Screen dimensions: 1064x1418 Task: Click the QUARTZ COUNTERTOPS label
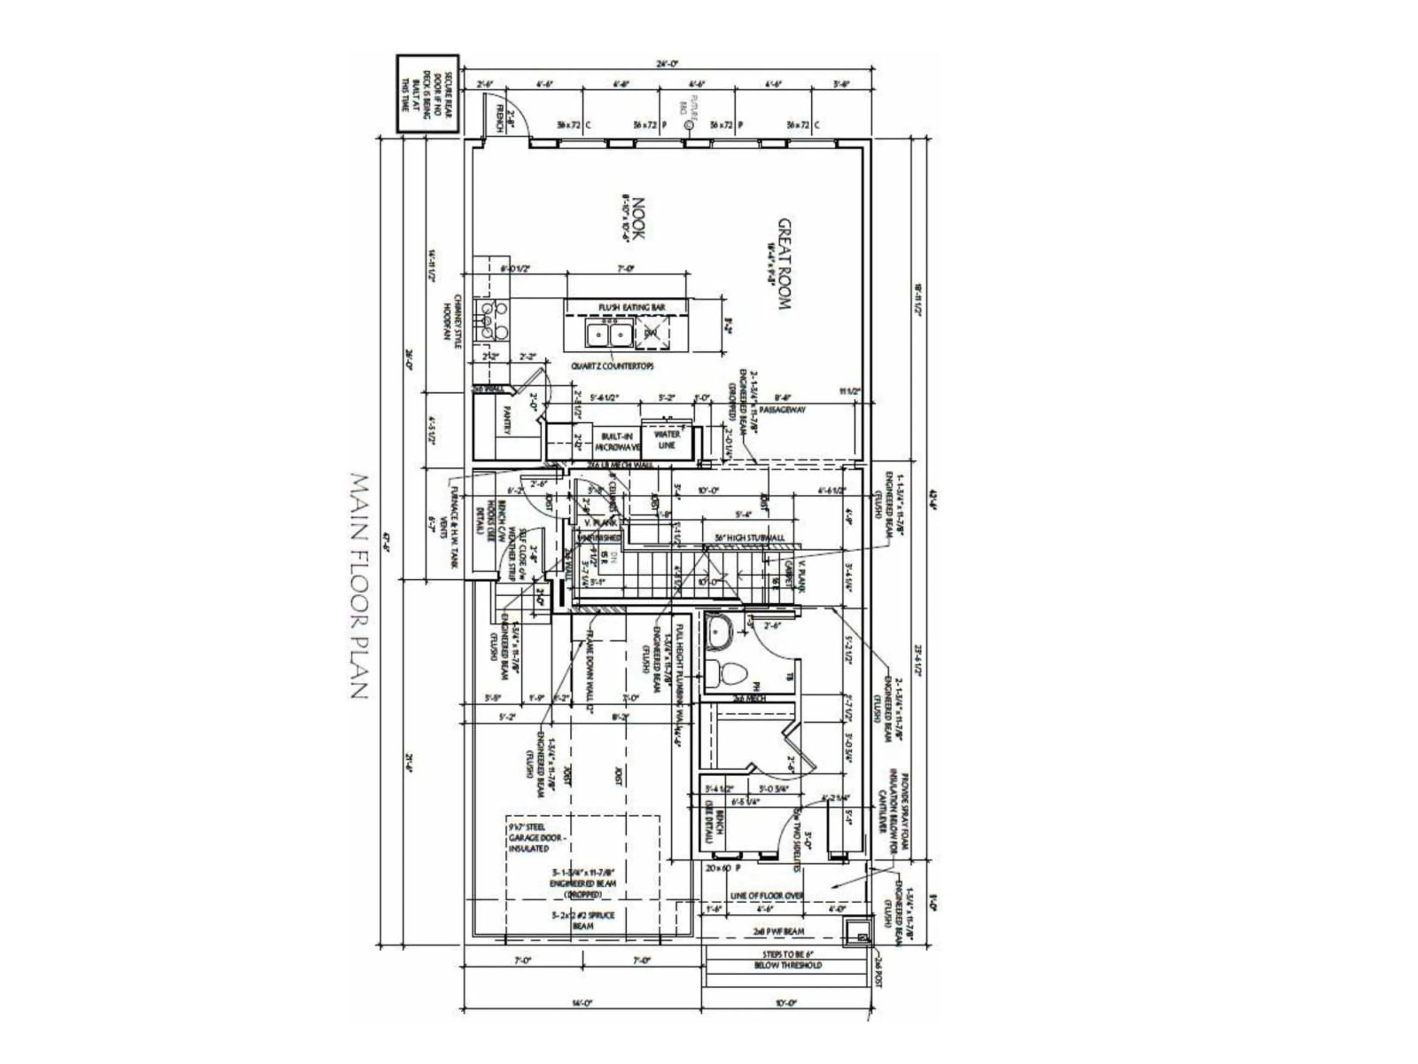[x=612, y=366]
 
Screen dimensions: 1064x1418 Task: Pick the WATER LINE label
[x=667, y=439]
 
